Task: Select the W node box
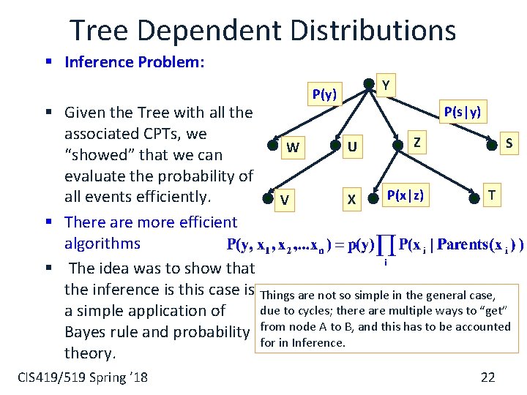point(293,148)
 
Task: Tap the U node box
point(353,148)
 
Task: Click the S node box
point(509,143)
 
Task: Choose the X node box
point(352,200)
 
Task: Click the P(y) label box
point(324,94)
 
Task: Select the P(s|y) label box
point(463,112)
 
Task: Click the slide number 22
point(487,377)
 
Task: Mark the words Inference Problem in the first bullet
point(134,62)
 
